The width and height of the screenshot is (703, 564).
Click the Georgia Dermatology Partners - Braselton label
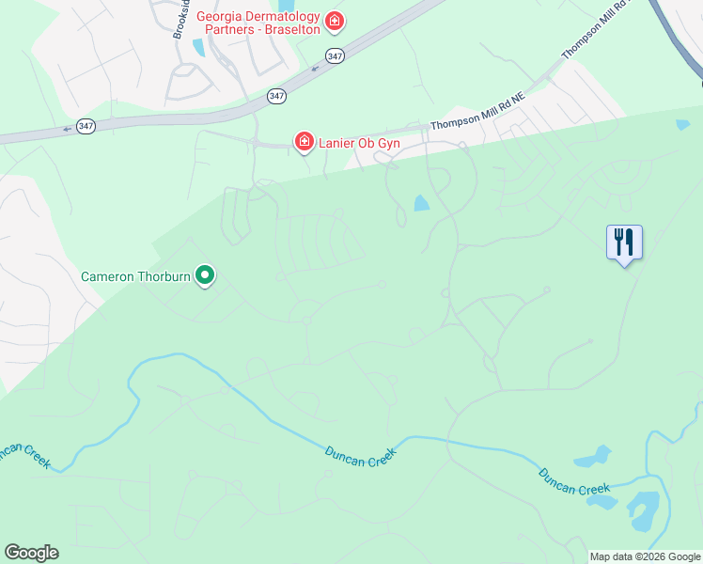[x=258, y=22]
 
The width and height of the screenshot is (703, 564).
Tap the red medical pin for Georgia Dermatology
[x=334, y=21]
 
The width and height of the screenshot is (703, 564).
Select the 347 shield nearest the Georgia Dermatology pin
[x=335, y=57]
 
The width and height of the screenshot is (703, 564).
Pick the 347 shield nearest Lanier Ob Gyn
[x=275, y=96]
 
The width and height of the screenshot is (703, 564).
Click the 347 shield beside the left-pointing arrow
[x=86, y=126]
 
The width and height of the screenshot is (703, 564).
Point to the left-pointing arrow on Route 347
[x=67, y=129]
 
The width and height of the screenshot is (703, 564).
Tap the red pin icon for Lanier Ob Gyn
[x=304, y=142]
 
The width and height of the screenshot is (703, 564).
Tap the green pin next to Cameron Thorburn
[x=205, y=275]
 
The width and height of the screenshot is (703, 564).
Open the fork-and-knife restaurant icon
[x=624, y=243]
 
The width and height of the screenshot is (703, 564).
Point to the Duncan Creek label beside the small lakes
[x=574, y=482]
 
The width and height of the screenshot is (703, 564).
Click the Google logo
[x=31, y=552]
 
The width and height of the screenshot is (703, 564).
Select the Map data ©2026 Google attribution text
[x=646, y=556]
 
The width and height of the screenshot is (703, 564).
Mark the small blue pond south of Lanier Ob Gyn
[x=421, y=203]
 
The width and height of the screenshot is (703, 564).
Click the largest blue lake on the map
[x=644, y=511]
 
